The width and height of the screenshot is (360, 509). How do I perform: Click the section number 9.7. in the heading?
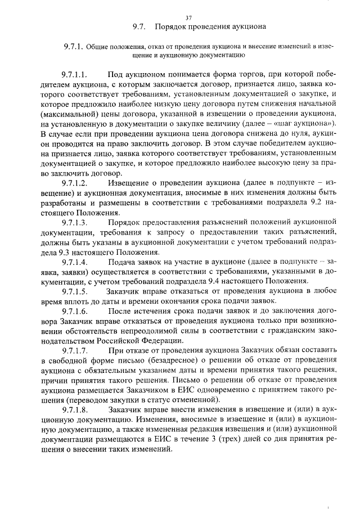(139, 26)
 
